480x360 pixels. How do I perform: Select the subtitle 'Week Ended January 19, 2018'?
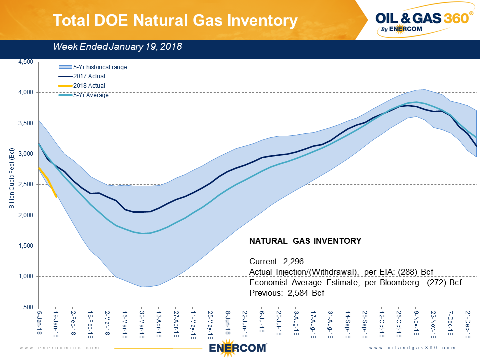tap(117, 47)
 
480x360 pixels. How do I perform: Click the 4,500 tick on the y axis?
tap(25, 62)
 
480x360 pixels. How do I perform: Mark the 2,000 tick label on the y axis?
tap(25, 215)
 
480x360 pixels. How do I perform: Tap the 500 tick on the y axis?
tap(28, 307)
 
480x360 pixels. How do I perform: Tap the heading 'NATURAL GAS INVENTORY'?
tap(305, 241)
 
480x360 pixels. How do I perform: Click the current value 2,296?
tap(293, 261)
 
